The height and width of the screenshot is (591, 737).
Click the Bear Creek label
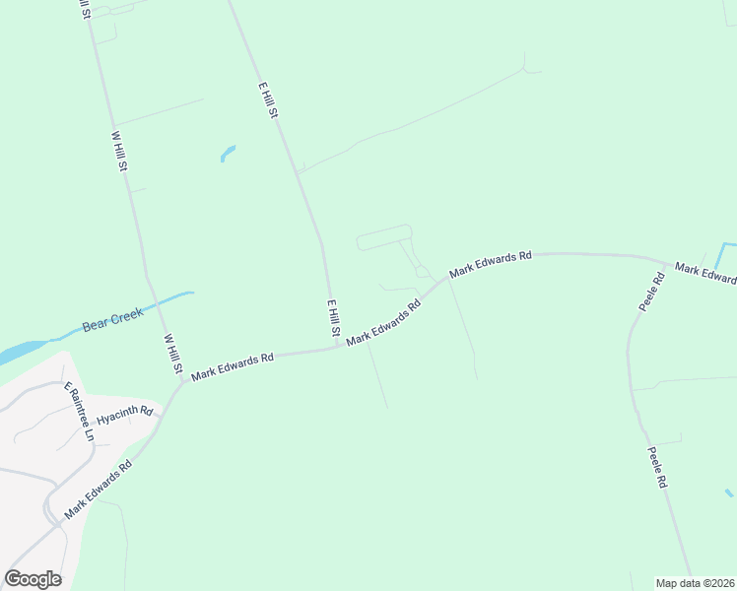pos(112,319)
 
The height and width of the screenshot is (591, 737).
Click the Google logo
pos(33,579)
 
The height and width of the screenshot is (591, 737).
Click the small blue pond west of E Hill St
pos(228,153)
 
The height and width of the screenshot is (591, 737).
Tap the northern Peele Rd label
pos(651,293)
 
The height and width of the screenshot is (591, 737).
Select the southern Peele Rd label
pos(658,469)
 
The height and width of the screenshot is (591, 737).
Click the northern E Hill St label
pos(268,100)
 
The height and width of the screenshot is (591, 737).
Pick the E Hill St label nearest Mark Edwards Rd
pos(333,321)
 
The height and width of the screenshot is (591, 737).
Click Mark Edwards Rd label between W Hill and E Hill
pos(232,366)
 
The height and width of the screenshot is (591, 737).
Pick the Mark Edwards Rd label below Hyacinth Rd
pos(98,491)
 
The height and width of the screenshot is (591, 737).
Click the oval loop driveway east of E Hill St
pos(384,237)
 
